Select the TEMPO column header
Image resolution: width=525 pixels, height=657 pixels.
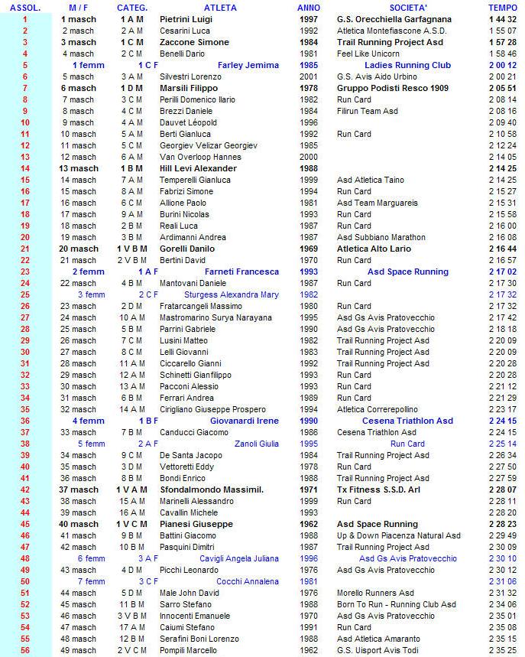pos(502,8)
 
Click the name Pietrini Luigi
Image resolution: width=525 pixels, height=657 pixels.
pos(186,19)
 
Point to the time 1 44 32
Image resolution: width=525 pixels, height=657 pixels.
pos(503,19)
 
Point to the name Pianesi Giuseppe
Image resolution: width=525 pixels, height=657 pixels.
pos(193,524)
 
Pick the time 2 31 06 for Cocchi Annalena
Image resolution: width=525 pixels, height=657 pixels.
pos(503,581)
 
